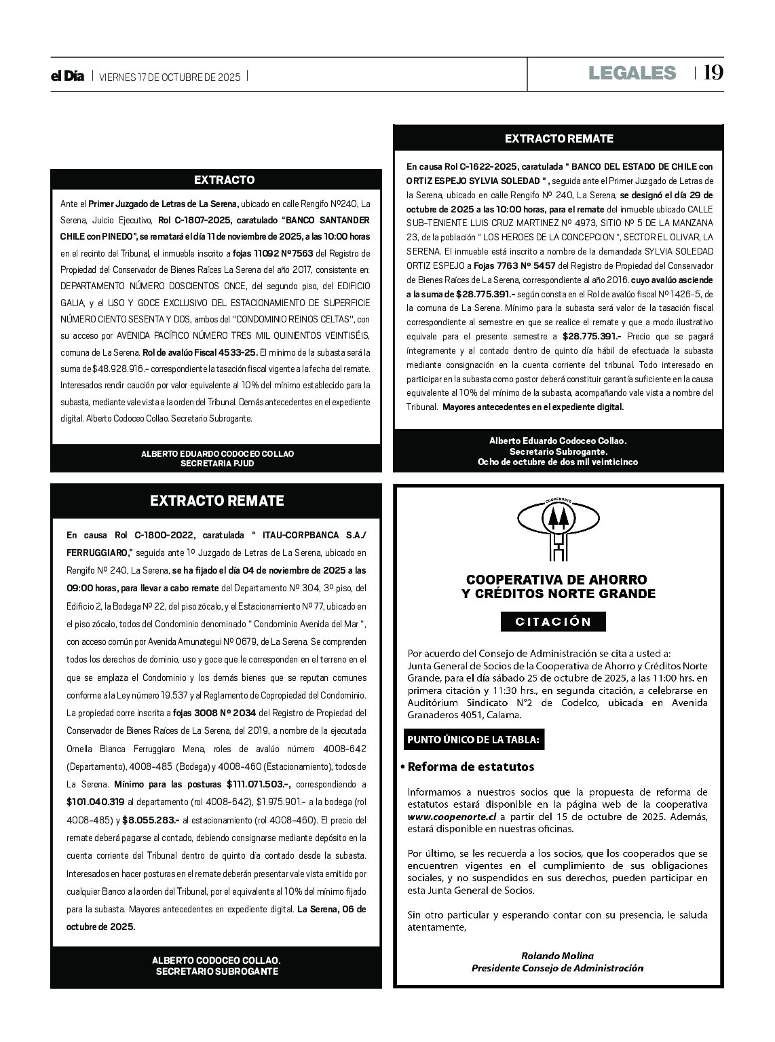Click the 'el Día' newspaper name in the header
point(67,77)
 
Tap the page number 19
point(714,73)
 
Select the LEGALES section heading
point(632,73)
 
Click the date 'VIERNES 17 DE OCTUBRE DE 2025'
point(170,77)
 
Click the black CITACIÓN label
point(553,621)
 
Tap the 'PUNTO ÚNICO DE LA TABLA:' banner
point(474,740)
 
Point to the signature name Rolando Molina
point(557,956)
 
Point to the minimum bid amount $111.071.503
point(259,784)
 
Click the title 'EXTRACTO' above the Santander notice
point(215,180)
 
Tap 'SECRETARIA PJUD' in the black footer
point(217,463)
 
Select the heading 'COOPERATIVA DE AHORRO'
point(556,580)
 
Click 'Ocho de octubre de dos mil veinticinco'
point(558,462)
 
